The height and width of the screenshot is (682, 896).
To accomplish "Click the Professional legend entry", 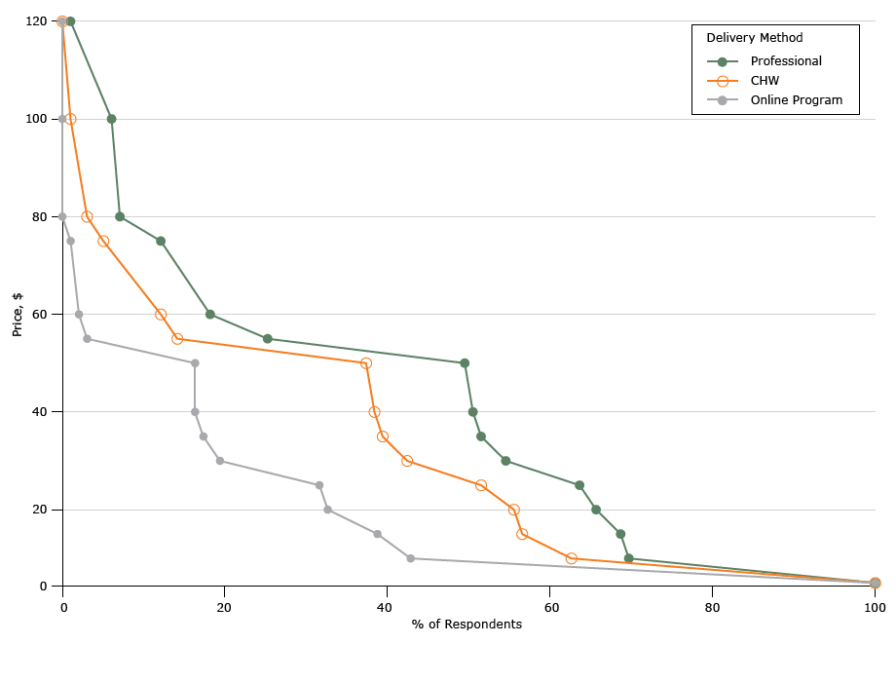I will point(785,61).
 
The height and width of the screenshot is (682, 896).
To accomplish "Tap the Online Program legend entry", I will point(796,100).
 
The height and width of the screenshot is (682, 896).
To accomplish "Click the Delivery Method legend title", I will point(754,38).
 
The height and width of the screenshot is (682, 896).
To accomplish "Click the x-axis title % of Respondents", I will point(467,625).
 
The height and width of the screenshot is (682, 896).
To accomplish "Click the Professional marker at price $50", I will point(465,363).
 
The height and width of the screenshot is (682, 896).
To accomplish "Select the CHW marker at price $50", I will point(366,363).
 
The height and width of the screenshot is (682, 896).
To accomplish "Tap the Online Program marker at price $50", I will point(195,363).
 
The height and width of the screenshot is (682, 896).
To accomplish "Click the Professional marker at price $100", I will point(111,119).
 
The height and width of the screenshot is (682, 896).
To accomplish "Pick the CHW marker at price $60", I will point(161,315).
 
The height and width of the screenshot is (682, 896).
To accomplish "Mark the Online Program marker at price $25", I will point(319,485).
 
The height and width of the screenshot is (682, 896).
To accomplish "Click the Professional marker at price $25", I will point(579,485).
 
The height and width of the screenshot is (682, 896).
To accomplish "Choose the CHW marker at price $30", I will point(407,461).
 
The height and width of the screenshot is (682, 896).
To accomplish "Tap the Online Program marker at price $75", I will point(70,242).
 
